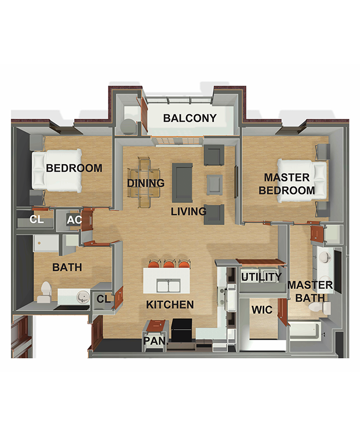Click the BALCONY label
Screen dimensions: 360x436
point(190,118)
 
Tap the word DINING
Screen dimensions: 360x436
point(146,183)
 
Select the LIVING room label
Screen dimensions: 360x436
point(189,211)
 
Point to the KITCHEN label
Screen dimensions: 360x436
point(170,305)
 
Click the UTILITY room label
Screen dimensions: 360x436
point(261,277)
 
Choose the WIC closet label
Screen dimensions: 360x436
point(262,310)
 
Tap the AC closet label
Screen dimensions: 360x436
point(74,220)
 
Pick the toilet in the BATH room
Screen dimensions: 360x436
point(45,292)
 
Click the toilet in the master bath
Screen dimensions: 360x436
point(320,308)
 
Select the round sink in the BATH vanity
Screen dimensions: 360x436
point(82,297)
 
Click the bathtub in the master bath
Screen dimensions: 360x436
point(305,330)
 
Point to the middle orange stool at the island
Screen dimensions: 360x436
point(170,264)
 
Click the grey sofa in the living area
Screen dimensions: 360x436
point(182,183)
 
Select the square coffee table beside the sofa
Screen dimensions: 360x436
point(215,185)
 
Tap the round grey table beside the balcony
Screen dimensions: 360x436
point(129,127)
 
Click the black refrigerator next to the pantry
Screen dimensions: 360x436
point(182,330)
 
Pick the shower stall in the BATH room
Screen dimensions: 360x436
point(46,243)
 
